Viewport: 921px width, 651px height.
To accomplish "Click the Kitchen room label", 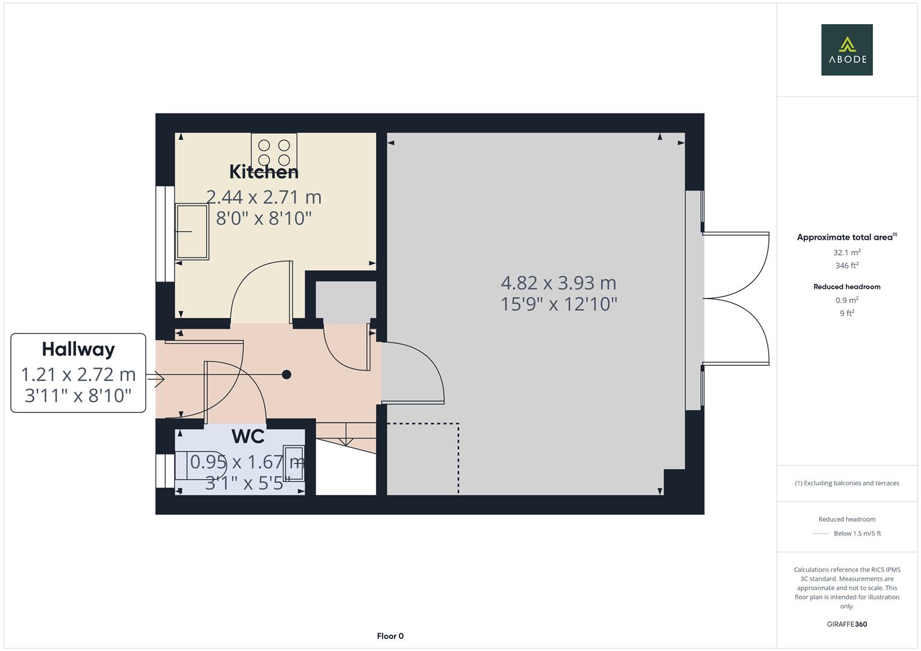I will click(264, 172).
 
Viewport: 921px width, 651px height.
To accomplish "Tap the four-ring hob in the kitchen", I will click(274, 152).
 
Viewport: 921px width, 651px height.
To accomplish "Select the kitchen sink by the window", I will click(192, 231).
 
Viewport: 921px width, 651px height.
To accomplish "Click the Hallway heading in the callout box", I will click(78, 349).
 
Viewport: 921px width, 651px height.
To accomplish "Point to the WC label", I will click(248, 436).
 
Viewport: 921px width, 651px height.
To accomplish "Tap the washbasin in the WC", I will click(295, 463).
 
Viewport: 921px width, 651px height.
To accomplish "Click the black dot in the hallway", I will click(286, 374).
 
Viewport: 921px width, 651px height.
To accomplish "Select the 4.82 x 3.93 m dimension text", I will click(559, 283).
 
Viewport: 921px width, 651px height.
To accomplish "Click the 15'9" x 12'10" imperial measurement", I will click(559, 304).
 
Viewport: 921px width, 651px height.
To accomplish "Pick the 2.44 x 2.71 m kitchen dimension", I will click(264, 197).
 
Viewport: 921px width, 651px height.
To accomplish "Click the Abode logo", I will click(847, 50).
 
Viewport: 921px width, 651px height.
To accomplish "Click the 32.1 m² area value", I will click(847, 253).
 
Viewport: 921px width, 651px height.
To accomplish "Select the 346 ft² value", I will click(847, 265).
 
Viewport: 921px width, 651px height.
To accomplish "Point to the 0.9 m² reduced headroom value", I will click(847, 300).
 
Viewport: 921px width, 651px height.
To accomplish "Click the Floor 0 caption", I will click(390, 636).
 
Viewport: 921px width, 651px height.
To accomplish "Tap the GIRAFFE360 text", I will click(847, 624).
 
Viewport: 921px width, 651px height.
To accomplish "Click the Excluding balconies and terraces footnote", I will click(847, 483).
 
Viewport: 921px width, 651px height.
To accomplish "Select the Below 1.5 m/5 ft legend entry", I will click(856, 533).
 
